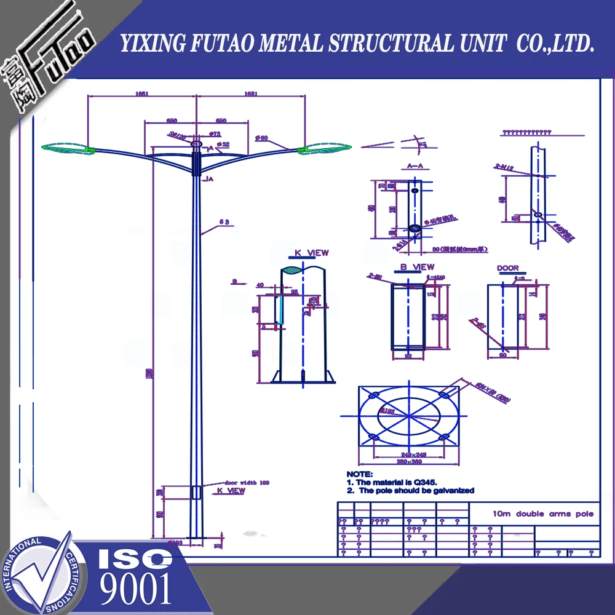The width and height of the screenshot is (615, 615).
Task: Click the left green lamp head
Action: pyautogui.click(x=65, y=148)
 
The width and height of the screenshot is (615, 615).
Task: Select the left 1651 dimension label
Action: pyautogui.click(x=141, y=94)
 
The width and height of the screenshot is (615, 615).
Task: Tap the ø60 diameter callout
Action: pyautogui.click(x=261, y=138)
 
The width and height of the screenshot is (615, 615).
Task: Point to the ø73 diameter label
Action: pyautogui.click(x=215, y=133)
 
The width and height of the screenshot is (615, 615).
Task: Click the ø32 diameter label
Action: pyautogui.click(x=223, y=144)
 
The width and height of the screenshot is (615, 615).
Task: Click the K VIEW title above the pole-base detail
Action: pyautogui.click(x=311, y=253)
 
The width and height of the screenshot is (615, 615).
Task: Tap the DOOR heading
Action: pyautogui.click(x=507, y=268)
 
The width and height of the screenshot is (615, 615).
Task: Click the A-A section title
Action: pyautogui.click(x=416, y=166)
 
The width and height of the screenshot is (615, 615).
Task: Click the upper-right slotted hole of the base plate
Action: pyautogui.click(x=445, y=393)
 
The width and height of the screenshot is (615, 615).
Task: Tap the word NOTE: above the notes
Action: pyautogui.click(x=359, y=474)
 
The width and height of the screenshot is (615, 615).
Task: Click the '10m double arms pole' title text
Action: pyautogui.click(x=543, y=514)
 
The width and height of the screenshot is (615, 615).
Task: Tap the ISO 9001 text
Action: pyautogui.click(x=135, y=575)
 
